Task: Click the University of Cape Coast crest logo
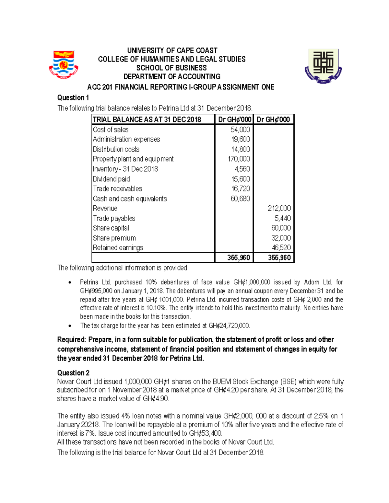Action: pos(64,64)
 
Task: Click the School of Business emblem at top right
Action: pos(323,66)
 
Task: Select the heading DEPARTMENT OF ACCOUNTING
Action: pos(172,77)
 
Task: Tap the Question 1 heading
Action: pos(73,98)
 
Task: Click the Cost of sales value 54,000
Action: pos(240,130)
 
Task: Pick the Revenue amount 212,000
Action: pos(279,209)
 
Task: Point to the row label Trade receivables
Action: pos(117,189)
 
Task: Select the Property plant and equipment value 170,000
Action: pos(239,159)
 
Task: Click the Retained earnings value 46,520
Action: pos(281,248)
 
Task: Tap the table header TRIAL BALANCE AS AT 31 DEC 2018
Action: pos(147,120)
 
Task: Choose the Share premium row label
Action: pos(114,238)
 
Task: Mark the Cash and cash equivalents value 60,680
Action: pos(240,199)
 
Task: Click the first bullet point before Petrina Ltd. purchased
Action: pos(70,282)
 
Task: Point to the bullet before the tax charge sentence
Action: pos(70,326)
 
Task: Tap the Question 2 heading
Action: pos(73,373)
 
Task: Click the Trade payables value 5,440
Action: pos(283,218)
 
